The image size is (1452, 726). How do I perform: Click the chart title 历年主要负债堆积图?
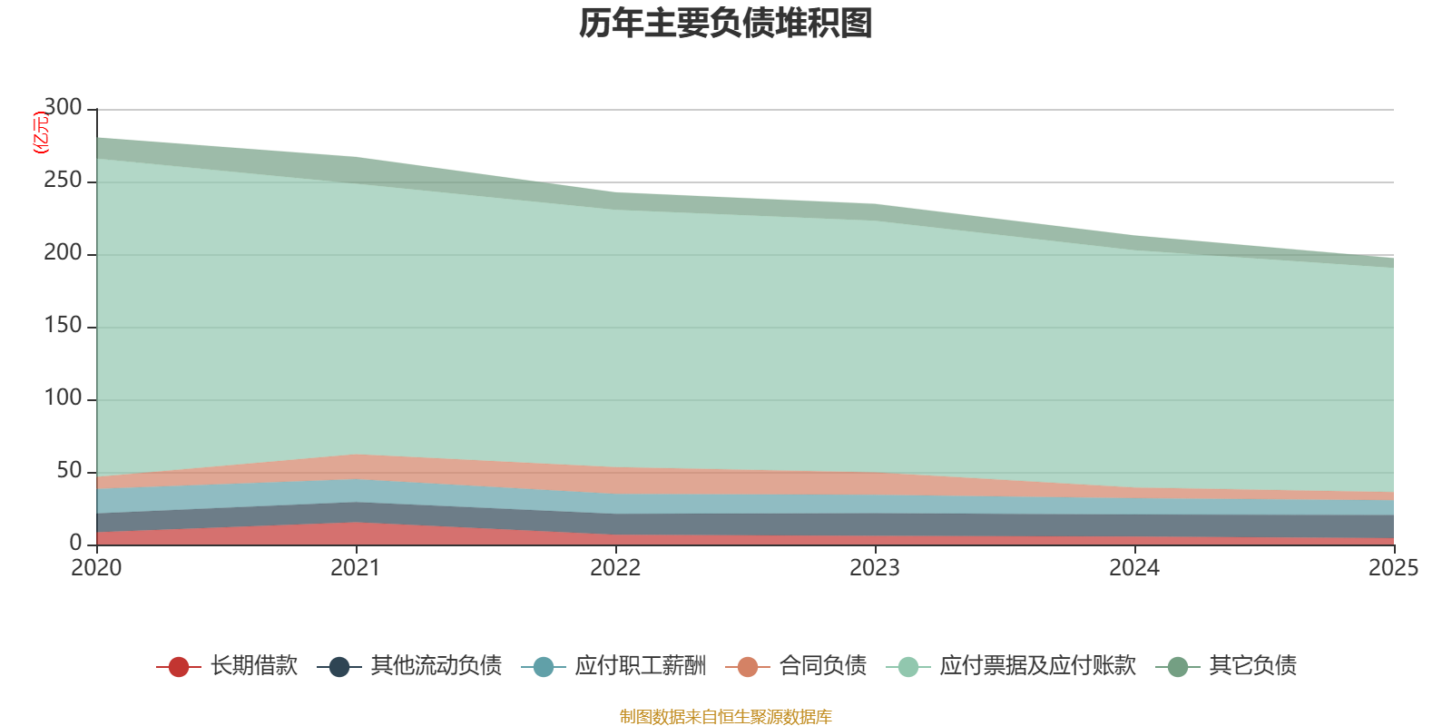(x=725, y=24)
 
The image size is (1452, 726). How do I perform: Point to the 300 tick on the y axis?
(x=63, y=108)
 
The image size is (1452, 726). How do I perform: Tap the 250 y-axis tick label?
(x=63, y=181)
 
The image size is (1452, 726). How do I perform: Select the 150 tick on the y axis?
(x=63, y=326)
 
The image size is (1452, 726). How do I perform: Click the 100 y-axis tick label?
(x=63, y=398)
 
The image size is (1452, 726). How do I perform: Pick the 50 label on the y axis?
(x=69, y=471)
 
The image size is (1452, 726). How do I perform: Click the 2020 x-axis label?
(x=96, y=568)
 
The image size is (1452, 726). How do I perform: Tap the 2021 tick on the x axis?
(x=356, y=568)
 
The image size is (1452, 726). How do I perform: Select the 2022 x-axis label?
(x=615, y=568)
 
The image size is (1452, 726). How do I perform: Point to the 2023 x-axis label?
(x=875, y=568)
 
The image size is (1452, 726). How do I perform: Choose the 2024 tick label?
(x=1134, y=568)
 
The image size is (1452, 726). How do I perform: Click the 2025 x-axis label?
(x=1393, y=568)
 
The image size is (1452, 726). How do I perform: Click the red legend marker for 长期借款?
(x=179, y=667)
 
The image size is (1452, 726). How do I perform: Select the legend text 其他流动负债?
(x=436, y=666)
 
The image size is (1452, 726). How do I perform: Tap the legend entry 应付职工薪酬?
(x=640, y=666)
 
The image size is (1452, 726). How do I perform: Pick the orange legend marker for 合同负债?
(x=748, y=667)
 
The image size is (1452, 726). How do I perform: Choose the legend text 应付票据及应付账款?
(x=1037, y=666)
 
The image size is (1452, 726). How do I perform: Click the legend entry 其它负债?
(x=1252, y=666)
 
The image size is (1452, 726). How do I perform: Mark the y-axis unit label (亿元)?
(x=41, y=132)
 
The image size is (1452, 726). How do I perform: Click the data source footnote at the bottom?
(x=725, y=717)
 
